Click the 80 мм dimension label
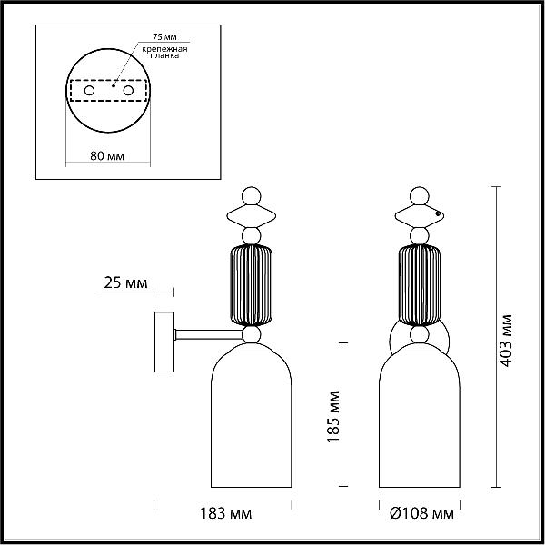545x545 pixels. coord(107,155)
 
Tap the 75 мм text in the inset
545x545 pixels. coord(164,37)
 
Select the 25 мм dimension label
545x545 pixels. coord(125,282)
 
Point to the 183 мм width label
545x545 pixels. coord(225,513)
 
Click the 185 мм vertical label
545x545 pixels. coord(333,417)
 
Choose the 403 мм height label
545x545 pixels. coord(506,341)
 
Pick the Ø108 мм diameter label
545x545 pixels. coord(421,513)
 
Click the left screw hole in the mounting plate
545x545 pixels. coord(89,91)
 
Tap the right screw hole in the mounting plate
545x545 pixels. coord(128,91)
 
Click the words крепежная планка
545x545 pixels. coord(164,52)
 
